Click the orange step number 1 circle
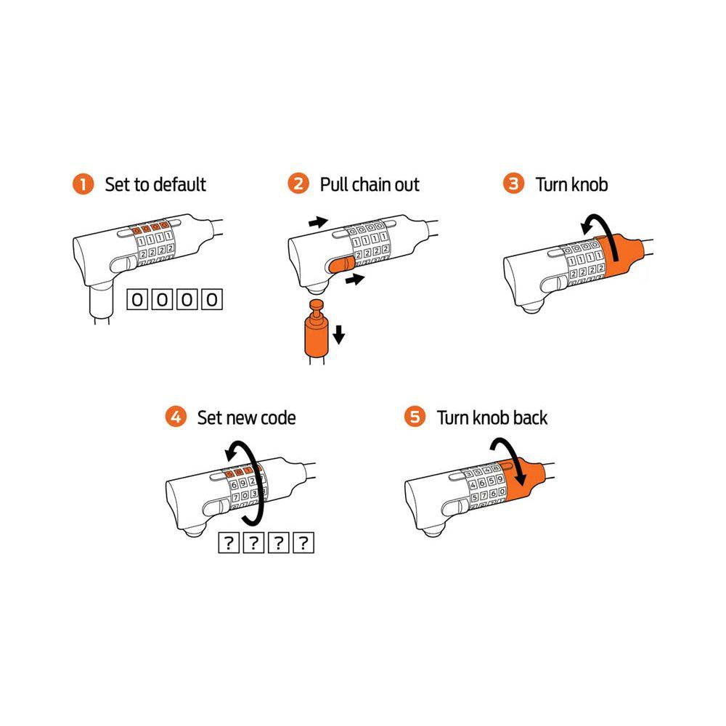(x=83, y=184)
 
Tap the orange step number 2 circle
(x=298, y=184)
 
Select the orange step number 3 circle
(x=513, y=184)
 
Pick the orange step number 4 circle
(x=176, y=417)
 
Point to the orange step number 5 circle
(x=415, y=417)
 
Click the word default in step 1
(x=179, y=184)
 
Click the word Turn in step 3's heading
(x=552, y=184)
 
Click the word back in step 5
(x=530, y=417)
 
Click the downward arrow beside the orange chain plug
(x=339, y=334)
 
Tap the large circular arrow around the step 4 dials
(x=260, y=481)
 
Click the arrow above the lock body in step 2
(x=319, y=222)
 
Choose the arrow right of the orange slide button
(x=355, y=280)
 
